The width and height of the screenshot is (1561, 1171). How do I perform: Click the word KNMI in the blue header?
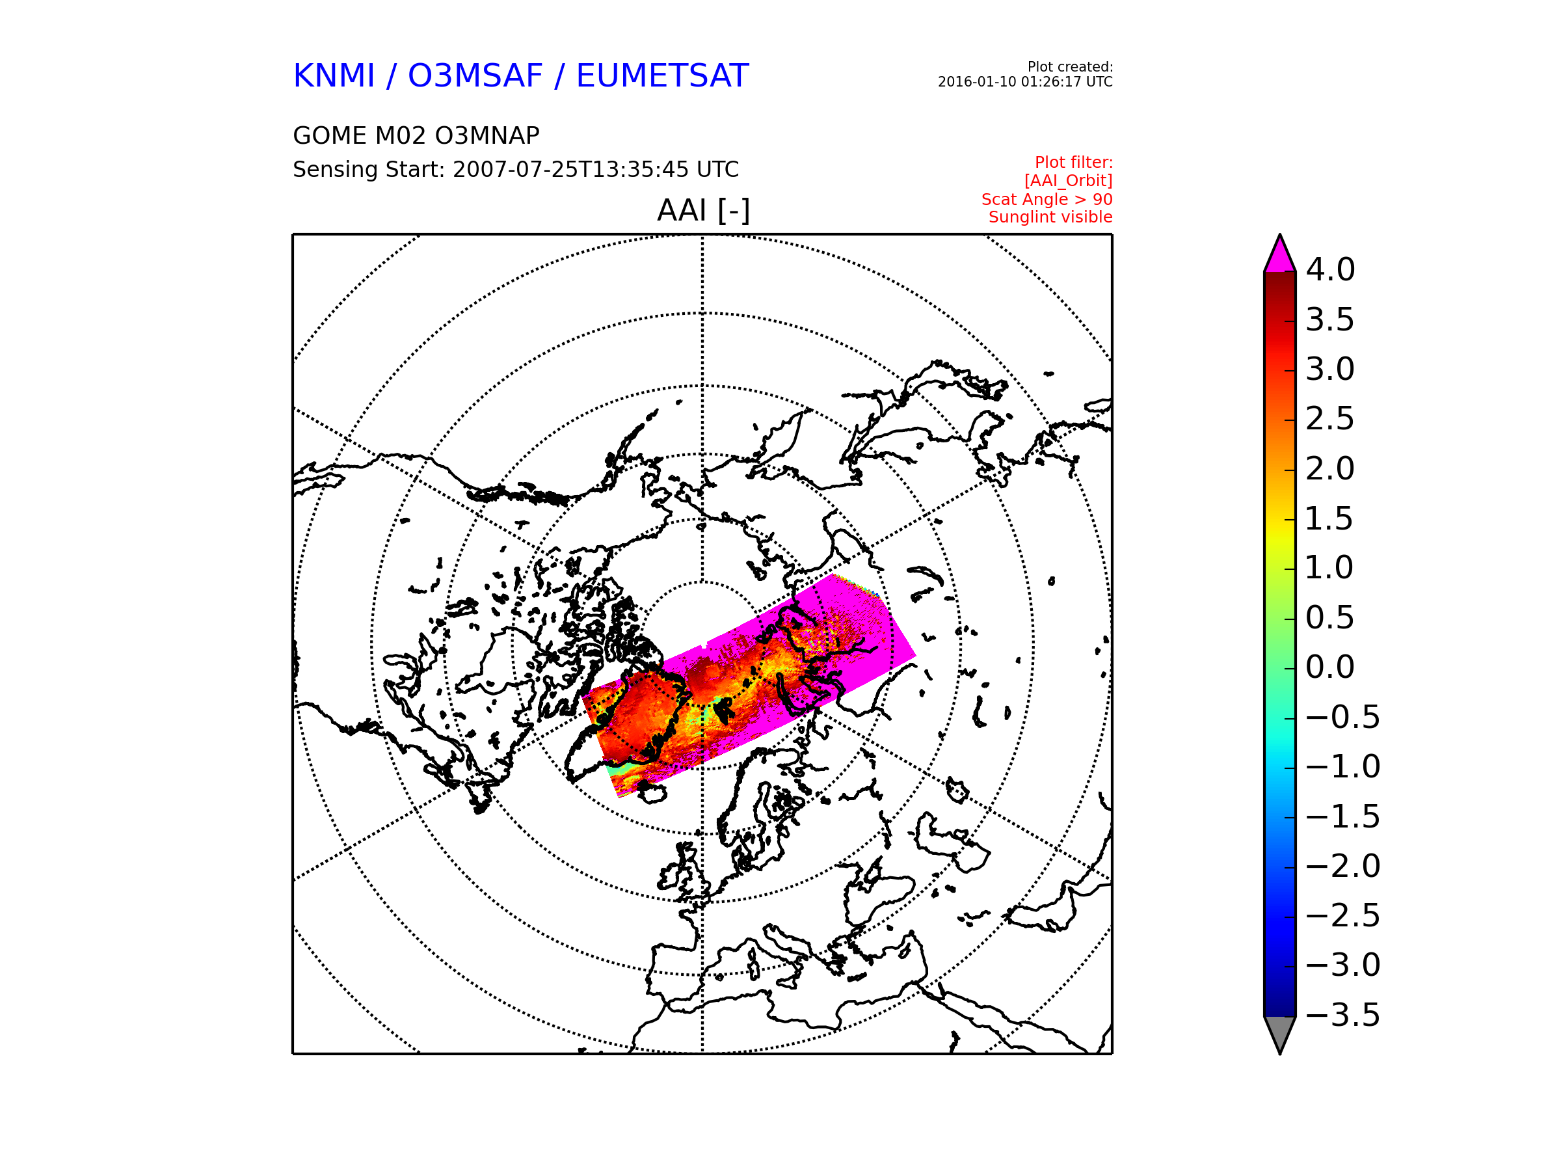click(x=334, y=75)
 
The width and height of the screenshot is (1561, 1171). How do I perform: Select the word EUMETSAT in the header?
click(x=662, y=75)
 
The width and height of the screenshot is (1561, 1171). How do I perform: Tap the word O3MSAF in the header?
click(x=475, y=75)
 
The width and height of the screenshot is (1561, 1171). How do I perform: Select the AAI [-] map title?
click(x=703, y=210)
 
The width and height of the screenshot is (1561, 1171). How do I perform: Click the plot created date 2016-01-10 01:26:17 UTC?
click(x=1024, y=82)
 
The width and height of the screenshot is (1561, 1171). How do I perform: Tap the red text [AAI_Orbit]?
click(x=1068, y=181)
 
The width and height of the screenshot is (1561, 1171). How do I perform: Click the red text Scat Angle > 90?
click(x=1047, y=199)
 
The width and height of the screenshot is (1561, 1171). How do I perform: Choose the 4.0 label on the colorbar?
click(x=1330, y=269)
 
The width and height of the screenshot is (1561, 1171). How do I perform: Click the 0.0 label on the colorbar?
click(x=1329, y=667)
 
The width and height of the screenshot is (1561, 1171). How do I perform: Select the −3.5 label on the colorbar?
click(x=1343, y=1015)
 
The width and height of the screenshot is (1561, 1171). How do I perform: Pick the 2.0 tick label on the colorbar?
click(x=1329, y=468)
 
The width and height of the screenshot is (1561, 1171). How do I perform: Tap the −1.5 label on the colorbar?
click(x=1343, y=816)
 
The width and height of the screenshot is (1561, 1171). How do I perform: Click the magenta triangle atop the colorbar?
click(x=1279, y=256)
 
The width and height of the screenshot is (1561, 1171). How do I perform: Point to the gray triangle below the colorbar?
click(x=1279, y=1032)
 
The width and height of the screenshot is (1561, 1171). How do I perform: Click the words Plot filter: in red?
click(x=1073, y=163)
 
